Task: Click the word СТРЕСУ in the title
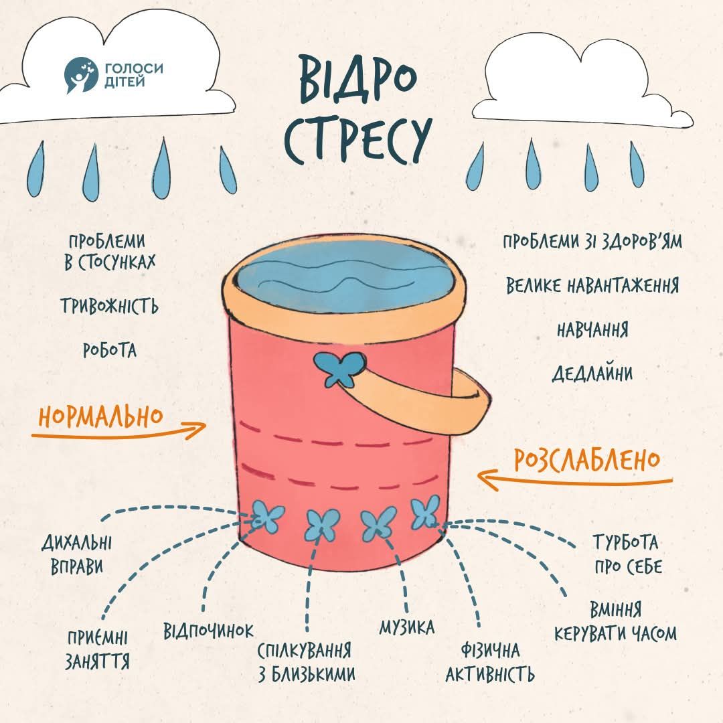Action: click(x=355, y=141)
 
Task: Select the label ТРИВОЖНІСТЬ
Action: click(x=110, y=306)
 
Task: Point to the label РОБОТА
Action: click(x=110, y=349)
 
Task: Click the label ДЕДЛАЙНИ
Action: click(x=592, y=373)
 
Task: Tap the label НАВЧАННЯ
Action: click(x=592, y=330)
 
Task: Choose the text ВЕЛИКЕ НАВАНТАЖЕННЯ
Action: click(x=592, y=286)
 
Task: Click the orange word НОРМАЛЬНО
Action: click(x=100, y=416)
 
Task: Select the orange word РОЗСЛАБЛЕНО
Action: click(x=587, y=460)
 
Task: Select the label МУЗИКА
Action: click(x=406, y=627)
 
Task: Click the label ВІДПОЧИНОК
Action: click(x=209, y=631)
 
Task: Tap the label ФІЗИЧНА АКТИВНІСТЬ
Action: click(x=491, y=661)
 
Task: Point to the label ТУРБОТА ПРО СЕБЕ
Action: click(x=627, y=554)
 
